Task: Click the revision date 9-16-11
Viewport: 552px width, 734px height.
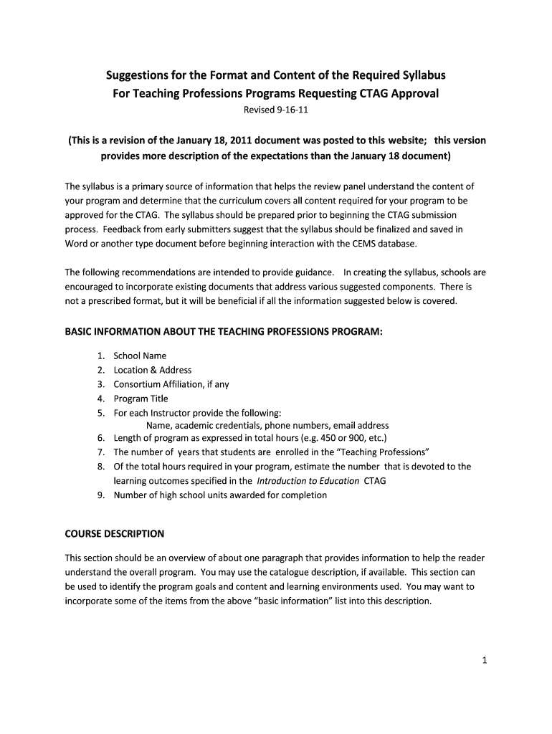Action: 291,110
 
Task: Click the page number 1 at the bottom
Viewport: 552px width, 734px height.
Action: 485,661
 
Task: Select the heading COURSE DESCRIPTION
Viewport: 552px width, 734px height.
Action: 115,534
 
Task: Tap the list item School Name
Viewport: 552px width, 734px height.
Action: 140,356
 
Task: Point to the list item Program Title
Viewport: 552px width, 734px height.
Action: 141,399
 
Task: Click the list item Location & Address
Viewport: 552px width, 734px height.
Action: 153,370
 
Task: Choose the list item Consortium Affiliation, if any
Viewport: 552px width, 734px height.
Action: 171,384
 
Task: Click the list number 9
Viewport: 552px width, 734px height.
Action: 101,495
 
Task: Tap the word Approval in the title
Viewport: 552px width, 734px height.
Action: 411,94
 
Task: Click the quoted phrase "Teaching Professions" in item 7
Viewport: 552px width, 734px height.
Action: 385,452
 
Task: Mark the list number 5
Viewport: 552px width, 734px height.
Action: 101,413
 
